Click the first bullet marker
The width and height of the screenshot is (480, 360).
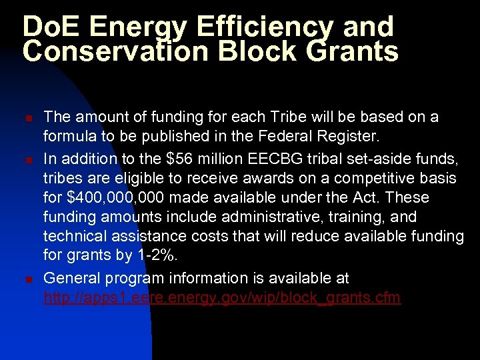point(28,117)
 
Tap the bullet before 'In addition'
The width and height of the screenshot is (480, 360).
point(28,161)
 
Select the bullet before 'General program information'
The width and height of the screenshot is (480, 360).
point(28,279)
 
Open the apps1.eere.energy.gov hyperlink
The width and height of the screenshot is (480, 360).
point(221,298)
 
